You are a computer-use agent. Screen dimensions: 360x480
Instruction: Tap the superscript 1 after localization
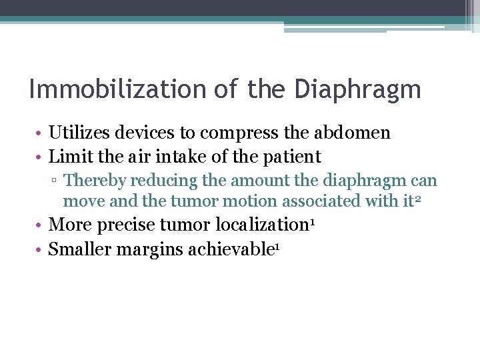[312, 221]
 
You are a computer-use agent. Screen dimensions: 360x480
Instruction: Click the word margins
[156, 249]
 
